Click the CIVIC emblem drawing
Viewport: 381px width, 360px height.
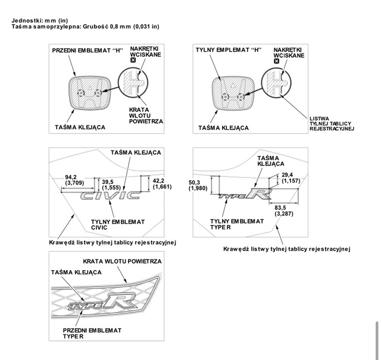(x=111, y=196)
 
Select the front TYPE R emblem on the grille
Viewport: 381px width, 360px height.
(x=102, y=302)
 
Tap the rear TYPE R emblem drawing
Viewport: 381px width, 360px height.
(x=245, y=193)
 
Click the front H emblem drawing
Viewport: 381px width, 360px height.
(x=89, y=93)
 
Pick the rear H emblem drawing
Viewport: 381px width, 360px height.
(x=233, y=94)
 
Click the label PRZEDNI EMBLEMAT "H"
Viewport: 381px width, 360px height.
(x=88, y=51)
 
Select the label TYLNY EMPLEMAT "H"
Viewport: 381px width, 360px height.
(x=229, y=50)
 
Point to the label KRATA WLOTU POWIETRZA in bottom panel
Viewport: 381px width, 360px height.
(x=122, y=261)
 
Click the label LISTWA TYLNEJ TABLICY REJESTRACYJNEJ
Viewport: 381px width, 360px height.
(x=332, y=124)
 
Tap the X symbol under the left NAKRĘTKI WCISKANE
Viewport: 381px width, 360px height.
(x=133, y=60)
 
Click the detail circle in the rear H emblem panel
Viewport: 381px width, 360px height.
(x=276, y=82)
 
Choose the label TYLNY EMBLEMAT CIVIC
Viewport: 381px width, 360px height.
(x=118, y=225)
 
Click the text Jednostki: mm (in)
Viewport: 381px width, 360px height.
(x=40, y=20)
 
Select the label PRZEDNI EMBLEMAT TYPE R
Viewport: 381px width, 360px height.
(x=92, y=334)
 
